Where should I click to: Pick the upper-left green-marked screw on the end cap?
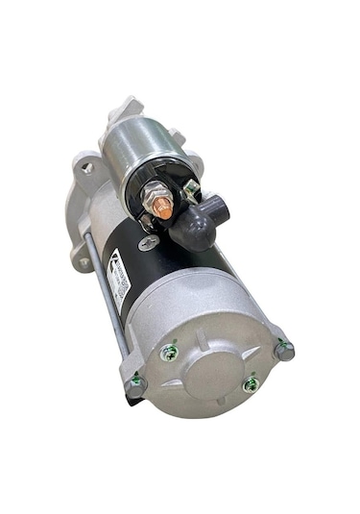170,352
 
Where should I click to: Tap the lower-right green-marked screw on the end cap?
251,383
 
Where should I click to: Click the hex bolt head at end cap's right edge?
283,351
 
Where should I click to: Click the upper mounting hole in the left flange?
88,168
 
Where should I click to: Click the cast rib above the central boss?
206,322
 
